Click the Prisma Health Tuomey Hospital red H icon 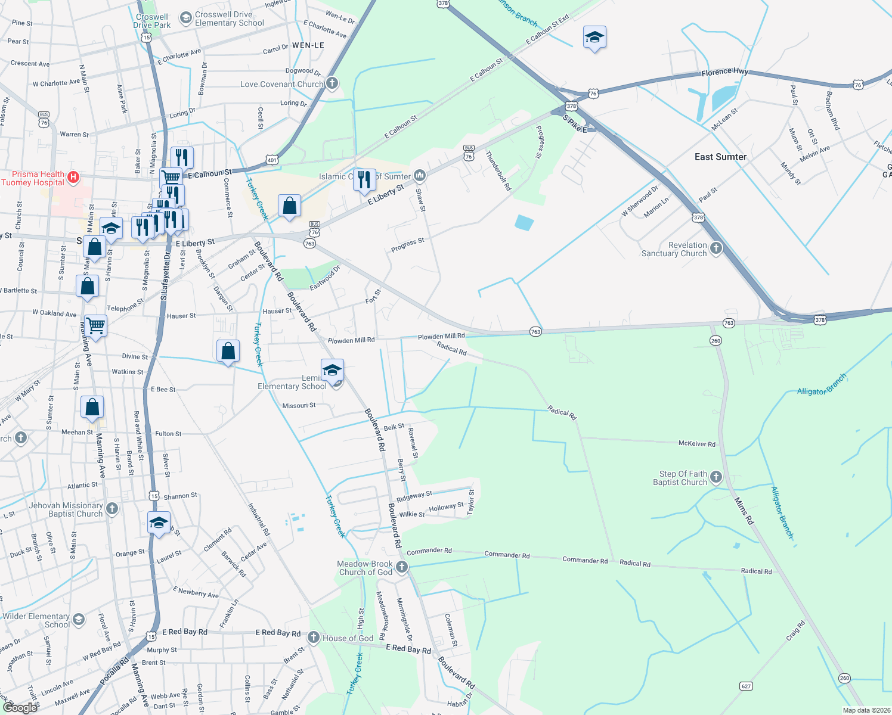point(73,177)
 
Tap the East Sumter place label point(720,157)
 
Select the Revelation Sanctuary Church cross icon point(716,248)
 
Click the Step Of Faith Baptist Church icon point(716,477)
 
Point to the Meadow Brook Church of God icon point(402,567)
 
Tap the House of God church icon point(314,638)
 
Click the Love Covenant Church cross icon point(332,83)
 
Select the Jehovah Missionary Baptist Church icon point(112,509)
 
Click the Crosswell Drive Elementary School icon point(185,18)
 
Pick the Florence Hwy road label point(724,72)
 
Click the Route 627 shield point(746,686)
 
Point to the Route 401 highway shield point(272,160)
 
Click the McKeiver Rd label point(696,444)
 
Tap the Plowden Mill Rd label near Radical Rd point(441,337)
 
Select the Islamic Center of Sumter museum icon point(420,175)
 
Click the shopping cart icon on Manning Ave point(95,326)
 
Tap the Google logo point(20,707)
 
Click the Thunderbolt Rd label point(498,170)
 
